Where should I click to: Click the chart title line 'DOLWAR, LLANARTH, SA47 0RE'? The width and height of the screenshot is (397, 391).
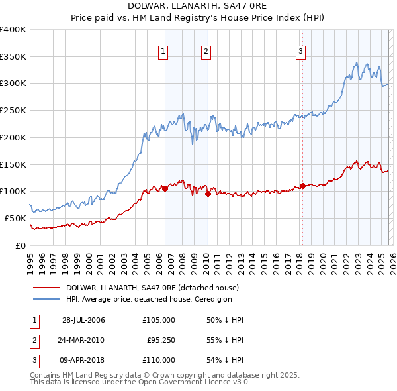point(198,6)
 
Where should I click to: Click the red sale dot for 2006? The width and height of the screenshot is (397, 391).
point(165,188)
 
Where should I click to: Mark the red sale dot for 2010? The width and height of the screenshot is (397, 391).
point(208,194)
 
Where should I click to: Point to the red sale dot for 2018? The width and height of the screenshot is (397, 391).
point(302,186)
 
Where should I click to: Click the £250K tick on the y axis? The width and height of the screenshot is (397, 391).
point(13,110)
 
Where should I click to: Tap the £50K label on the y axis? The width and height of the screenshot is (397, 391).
point(15,218)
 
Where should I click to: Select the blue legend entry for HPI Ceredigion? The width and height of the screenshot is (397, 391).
point(149,299)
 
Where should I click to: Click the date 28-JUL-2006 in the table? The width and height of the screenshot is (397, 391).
point(83,320)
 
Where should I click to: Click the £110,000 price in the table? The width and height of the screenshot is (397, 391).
point(158,360)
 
